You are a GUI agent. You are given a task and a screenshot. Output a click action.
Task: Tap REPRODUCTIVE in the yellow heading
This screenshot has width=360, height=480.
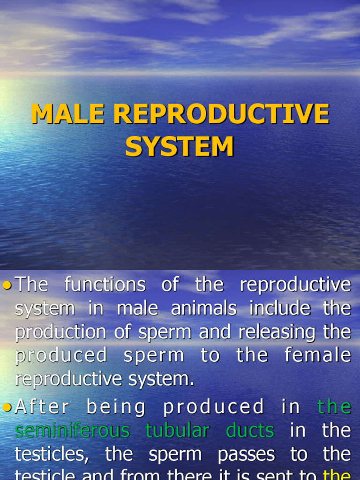click(221, 114)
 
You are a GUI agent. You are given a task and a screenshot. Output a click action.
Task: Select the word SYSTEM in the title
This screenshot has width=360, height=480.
click(180, 146)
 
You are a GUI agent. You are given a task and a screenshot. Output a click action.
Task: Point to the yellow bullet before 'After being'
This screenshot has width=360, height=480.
click(7, 407)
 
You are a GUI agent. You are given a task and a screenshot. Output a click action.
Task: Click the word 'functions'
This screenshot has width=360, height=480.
click(105, 285)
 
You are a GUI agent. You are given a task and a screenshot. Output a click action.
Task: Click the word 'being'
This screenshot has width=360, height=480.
click(116, 407)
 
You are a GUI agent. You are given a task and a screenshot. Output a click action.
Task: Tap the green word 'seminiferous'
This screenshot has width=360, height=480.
click(72, 430)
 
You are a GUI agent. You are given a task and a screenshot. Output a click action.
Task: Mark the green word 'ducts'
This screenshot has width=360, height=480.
click(250, 430)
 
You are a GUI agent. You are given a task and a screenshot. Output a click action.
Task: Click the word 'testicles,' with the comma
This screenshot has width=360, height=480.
click(52, 454)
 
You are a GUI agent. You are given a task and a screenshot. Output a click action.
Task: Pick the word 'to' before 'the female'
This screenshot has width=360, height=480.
click(210, 355)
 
